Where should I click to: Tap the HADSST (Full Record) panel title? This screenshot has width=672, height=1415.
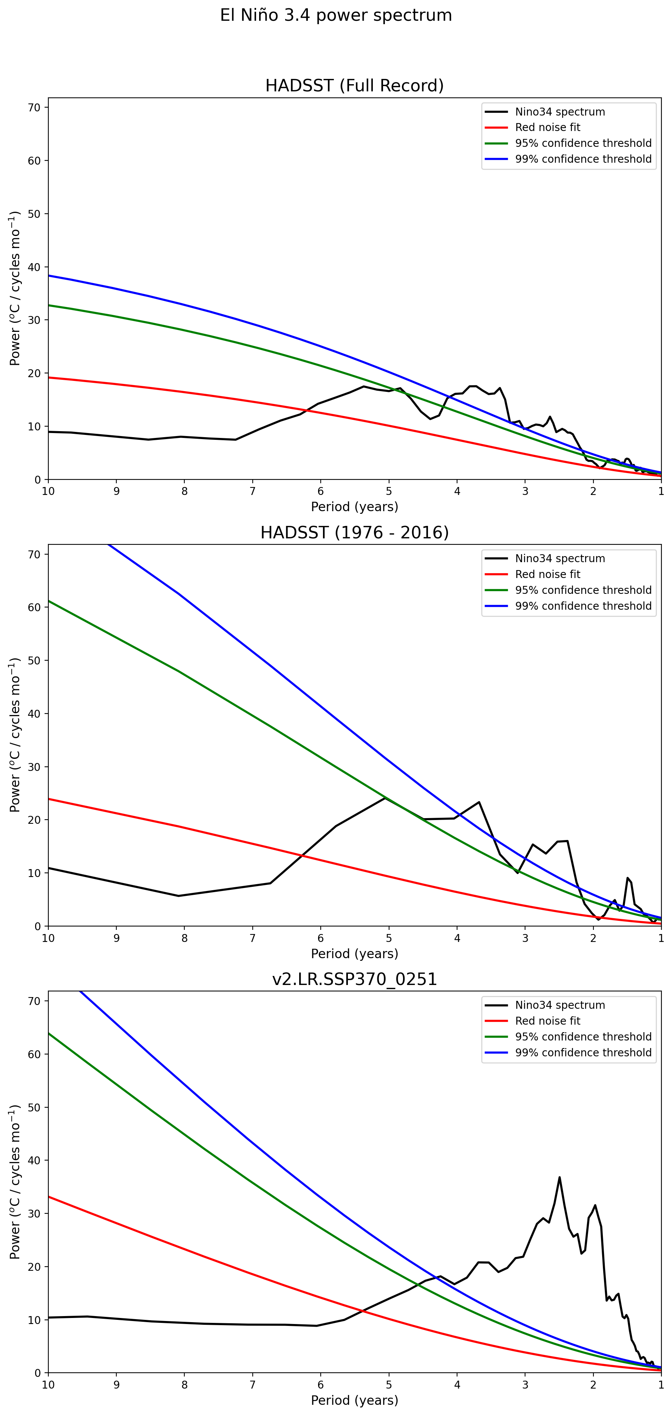354,86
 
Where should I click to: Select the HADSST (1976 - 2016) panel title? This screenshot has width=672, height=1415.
354,532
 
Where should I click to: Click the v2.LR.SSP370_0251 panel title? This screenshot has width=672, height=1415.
354,979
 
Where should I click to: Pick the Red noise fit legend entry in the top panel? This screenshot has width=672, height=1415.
547,128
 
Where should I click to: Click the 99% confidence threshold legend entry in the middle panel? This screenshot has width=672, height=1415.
583,606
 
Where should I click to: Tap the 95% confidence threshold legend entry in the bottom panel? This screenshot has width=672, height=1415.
583,1037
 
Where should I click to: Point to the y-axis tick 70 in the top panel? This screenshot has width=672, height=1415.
34,108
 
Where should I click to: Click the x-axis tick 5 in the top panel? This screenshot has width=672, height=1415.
389,491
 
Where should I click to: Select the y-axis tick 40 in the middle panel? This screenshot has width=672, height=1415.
34,714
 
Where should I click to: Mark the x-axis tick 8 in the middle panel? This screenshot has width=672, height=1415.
185,938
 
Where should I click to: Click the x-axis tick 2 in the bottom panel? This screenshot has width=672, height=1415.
593,1384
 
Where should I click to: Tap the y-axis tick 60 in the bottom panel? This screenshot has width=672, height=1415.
34,1054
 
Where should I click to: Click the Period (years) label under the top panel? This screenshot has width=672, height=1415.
354,506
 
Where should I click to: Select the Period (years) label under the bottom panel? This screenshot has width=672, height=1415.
354,1400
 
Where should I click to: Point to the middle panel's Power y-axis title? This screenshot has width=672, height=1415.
15,735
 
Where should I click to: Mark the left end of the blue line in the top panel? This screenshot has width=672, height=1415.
49,276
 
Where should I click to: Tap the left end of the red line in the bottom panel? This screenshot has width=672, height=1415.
49,1196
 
